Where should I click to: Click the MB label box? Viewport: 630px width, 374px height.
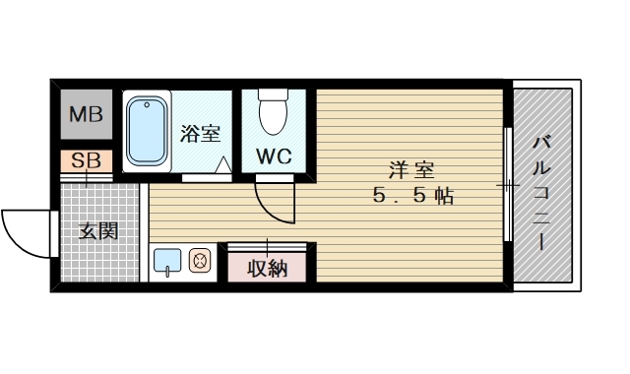[86, 117]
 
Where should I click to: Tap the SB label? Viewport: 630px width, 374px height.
[85, 160]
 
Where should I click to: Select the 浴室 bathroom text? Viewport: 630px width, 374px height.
[200, 134]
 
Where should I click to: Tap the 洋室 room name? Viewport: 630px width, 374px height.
[410, 168]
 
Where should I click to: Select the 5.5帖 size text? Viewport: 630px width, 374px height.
[412, 196]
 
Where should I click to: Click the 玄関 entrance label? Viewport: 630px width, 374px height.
[98, 232]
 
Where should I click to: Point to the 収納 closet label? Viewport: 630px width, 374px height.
[267, 267]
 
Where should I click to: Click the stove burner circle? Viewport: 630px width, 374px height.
[198, 262]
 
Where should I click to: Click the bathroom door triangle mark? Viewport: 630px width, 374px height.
[223, 165]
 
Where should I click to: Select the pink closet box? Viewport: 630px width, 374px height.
[267, 266]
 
